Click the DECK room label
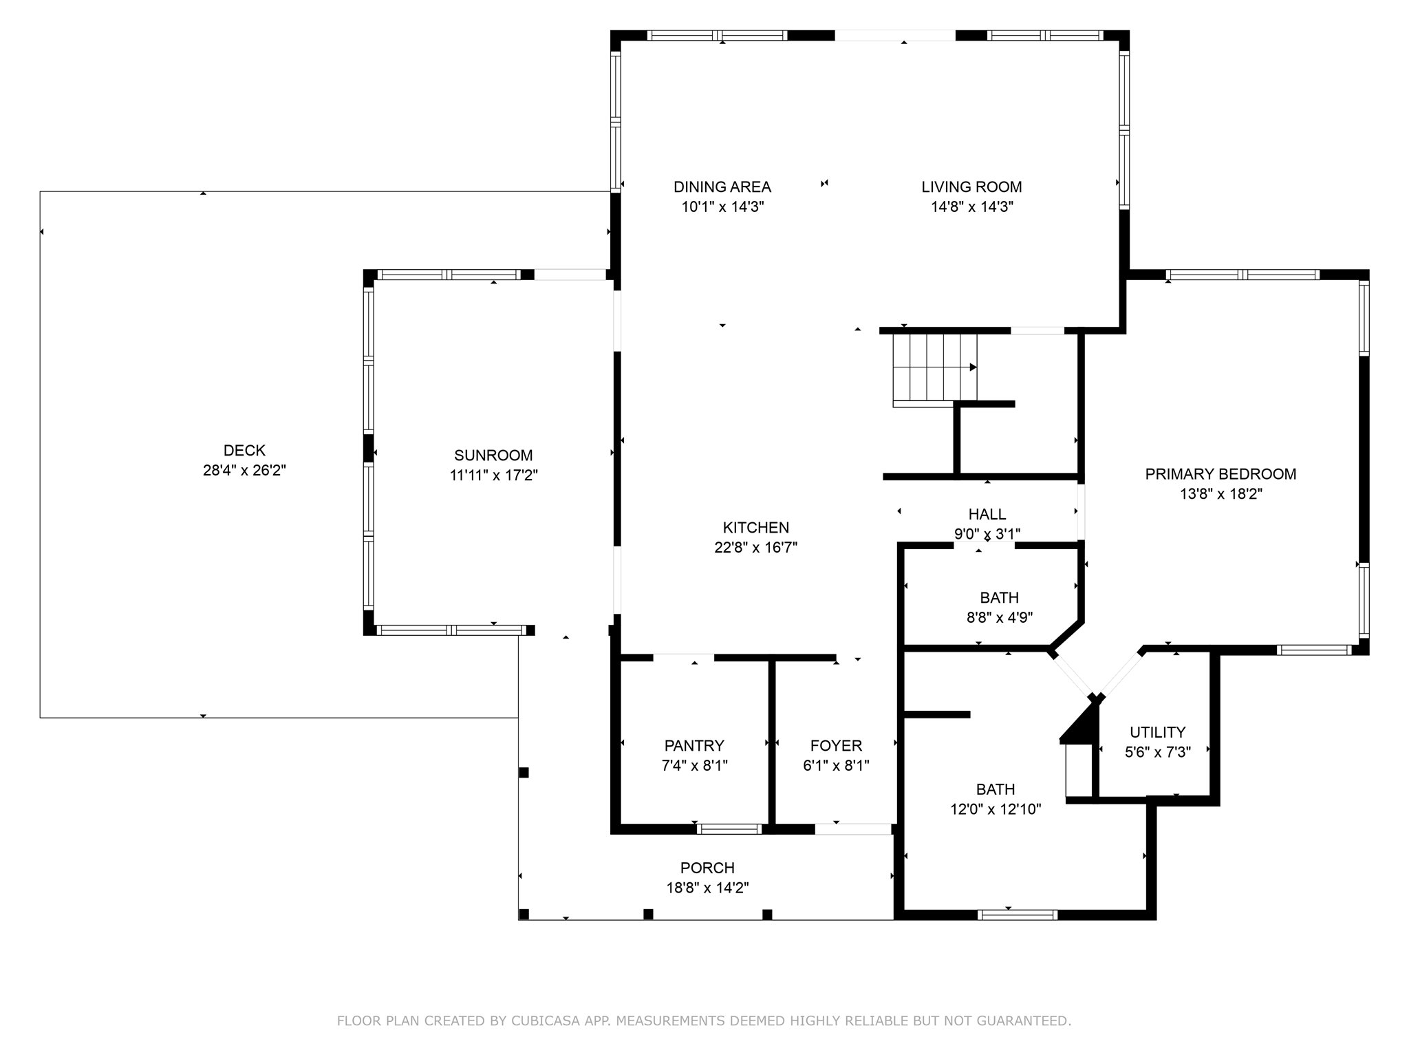click(x=244, y=451)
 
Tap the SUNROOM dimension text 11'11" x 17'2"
click(x=493, y=475)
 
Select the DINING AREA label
click(x=722, y=186)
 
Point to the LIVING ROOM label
click(x=971, y=186)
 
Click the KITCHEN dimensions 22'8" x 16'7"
click(x=755, y=548)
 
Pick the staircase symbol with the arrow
click(x=934, y=367)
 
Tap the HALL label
click(x=987, y=514)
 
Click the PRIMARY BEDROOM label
click(x=1220, y=474)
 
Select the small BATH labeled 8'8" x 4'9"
click(x=999, y=598)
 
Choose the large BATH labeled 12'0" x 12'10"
click(x=995, y=789)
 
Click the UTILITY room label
click(x=1157, y=732)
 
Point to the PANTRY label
click(x=693, y=745)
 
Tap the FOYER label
click(x=836, y=745)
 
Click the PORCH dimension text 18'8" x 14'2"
click(x=707, y=888)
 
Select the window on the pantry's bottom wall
click(x=729, y=829)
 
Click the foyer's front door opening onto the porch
click(x=853, y=829)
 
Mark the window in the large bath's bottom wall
click(x=1017, y=915)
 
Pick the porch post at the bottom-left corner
click(x=524, y=914)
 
